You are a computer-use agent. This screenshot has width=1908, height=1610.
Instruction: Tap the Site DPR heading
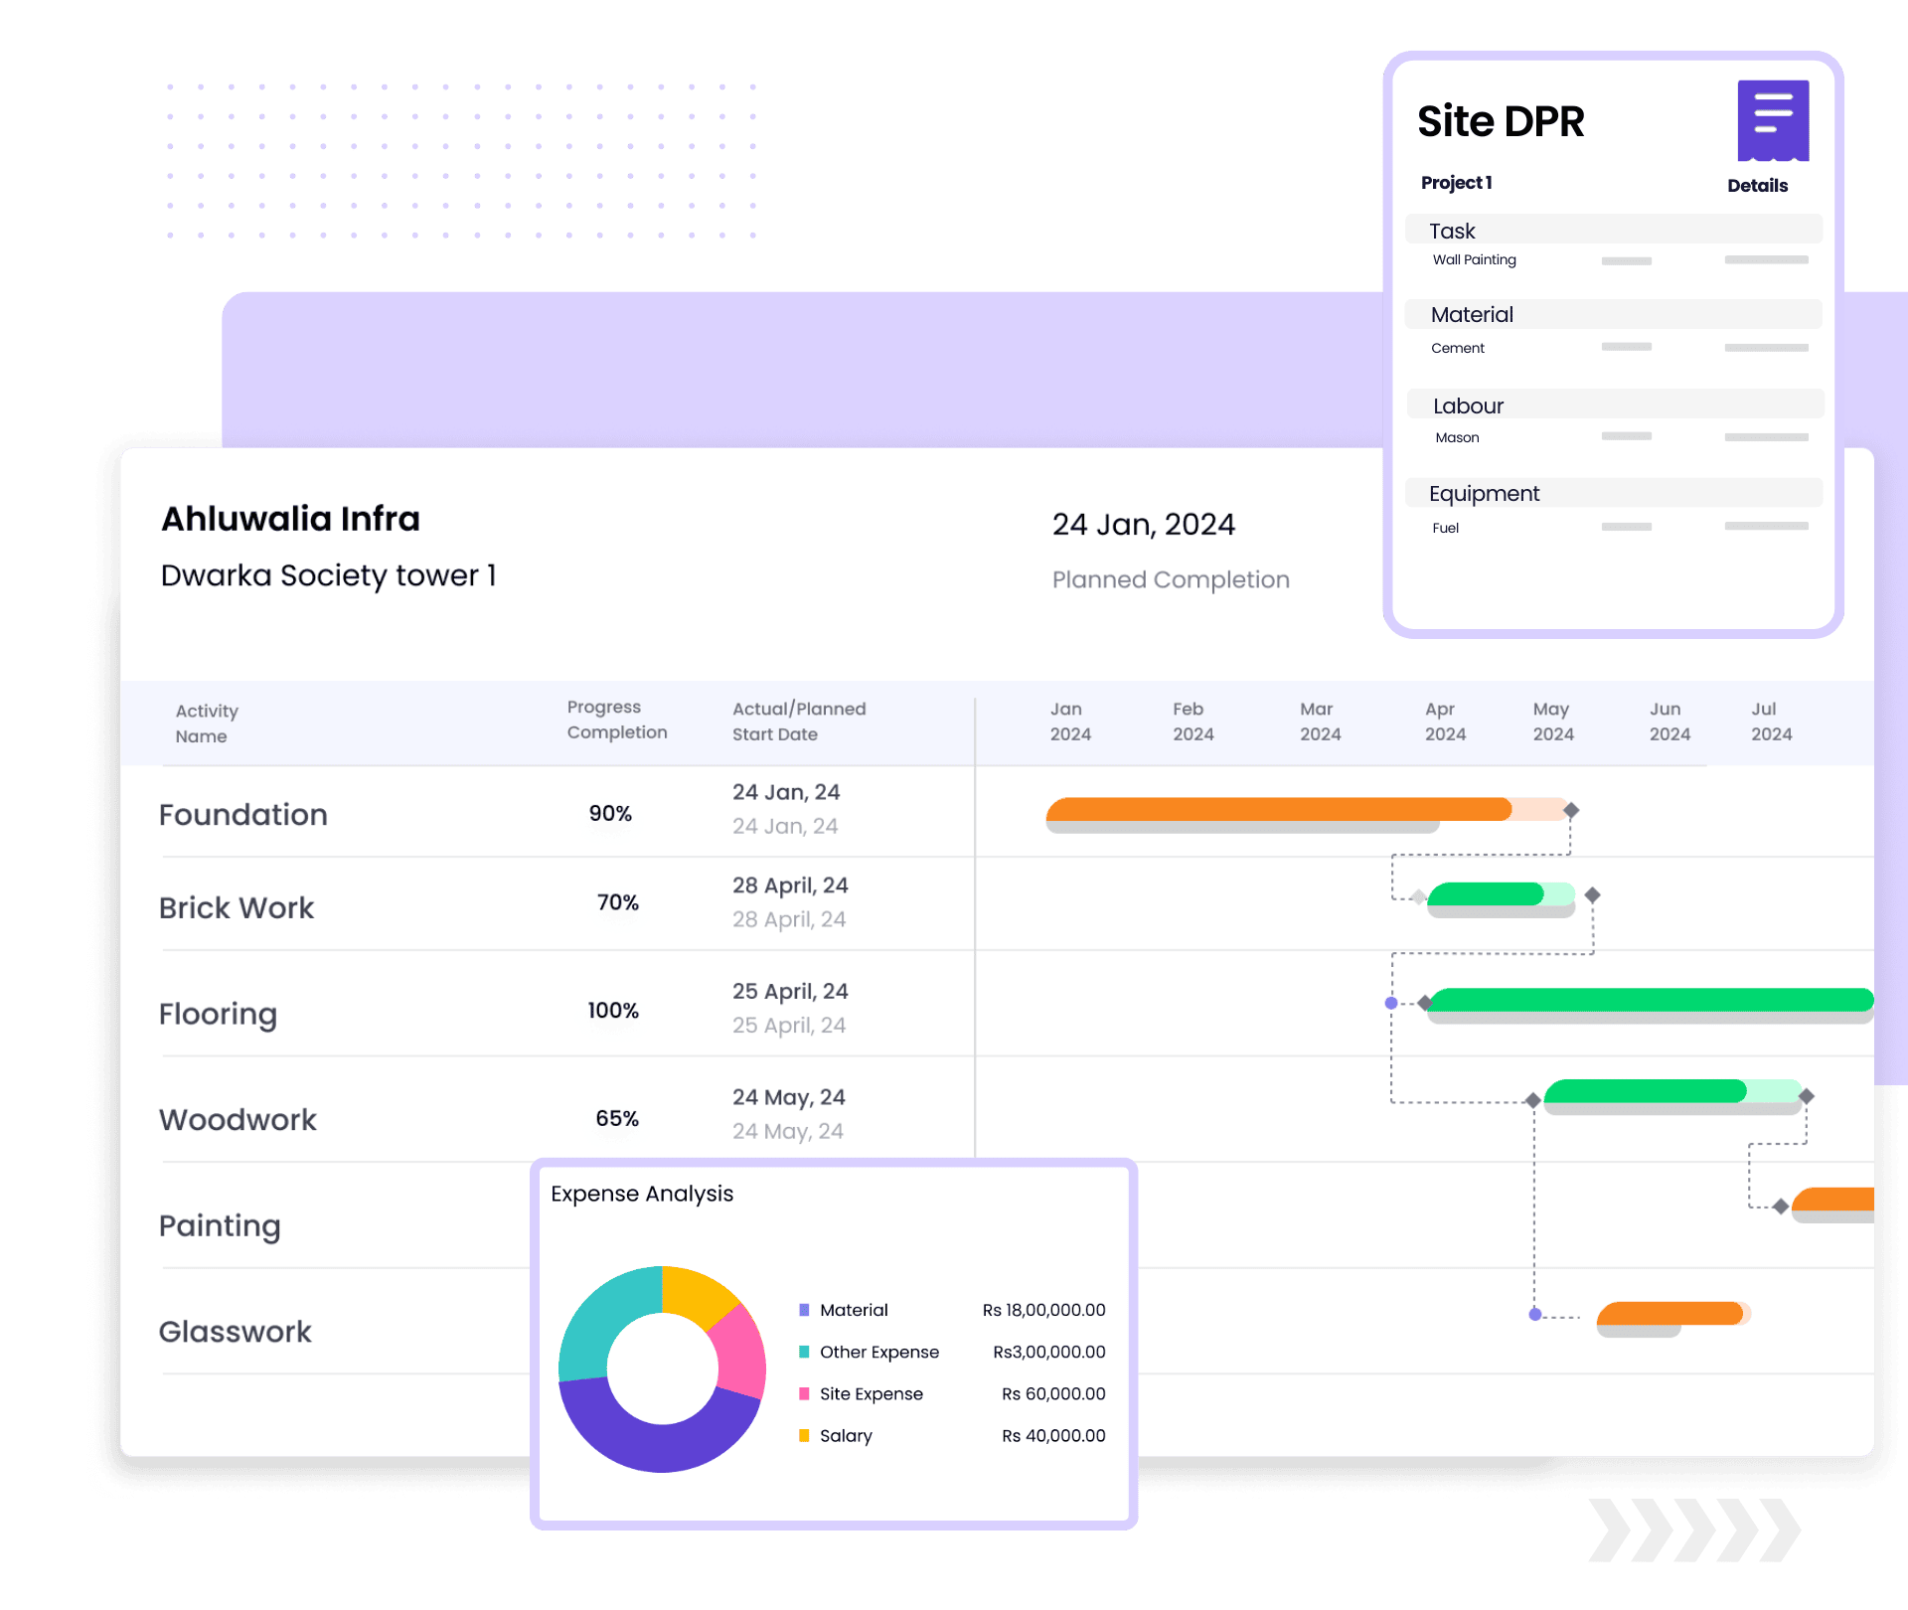coord(1500,121)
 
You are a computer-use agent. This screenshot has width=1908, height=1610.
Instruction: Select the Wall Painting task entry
coord(1474,260)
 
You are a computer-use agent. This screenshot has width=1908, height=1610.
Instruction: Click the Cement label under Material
coord(1457,349)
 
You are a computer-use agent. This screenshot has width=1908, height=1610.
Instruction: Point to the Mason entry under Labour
coord(1457,438)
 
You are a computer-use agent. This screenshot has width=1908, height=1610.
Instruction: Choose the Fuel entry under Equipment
coord(1445,529)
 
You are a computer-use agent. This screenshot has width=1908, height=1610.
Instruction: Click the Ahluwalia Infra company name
coord(290,519)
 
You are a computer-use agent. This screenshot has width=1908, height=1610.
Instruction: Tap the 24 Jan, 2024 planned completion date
coord(1143,525)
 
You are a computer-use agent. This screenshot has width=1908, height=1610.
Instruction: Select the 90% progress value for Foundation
coord(610,814)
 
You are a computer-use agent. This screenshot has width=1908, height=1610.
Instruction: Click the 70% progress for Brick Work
coord(617,903)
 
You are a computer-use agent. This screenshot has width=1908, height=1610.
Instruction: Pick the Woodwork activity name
coord(238,1120)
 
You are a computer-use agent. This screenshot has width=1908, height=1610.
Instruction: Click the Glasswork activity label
coord(236,1332)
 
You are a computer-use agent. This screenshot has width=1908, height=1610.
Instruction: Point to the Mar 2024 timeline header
coord(1320,722)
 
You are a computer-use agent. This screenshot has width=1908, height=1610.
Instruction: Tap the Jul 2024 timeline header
coord(1771,722)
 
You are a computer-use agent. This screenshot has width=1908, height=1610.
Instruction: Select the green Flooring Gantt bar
coord(1650,1000)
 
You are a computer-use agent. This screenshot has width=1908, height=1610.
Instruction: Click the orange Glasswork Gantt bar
coord(1669,1314)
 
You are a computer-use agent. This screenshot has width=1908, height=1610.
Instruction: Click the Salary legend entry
coord(846,1436)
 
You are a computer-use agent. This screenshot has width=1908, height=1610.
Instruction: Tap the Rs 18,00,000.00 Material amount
coord(1043,1311)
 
